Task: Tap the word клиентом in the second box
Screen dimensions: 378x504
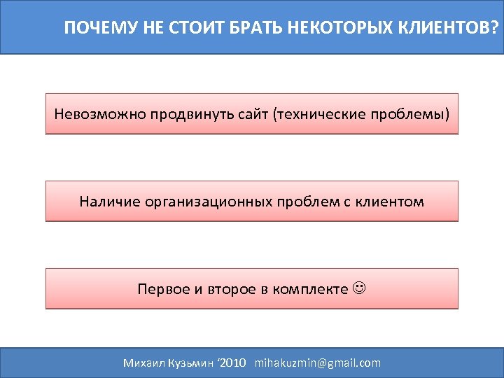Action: tap(392, 202)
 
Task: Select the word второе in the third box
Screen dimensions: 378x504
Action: tap(226, 288)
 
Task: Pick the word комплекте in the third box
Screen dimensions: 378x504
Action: tap(310, 288)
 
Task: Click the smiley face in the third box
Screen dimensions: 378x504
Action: tap(360, 288)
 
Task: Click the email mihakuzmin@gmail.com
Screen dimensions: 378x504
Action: tap(318, 363)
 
